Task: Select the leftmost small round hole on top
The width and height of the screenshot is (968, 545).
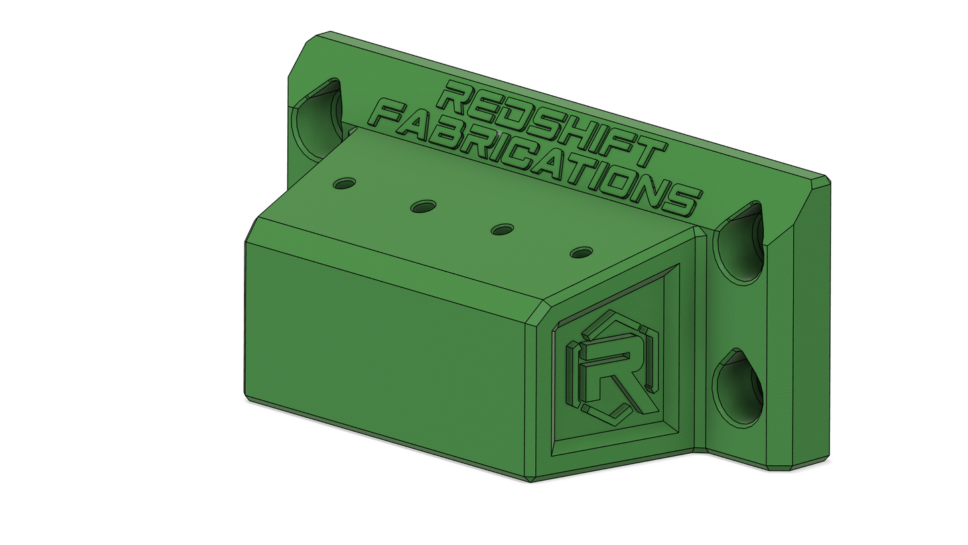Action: [x=344, y=184]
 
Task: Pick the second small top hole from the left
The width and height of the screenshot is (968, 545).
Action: [x=423, y=206]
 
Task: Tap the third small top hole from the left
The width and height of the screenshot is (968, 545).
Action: [x=502, y=229]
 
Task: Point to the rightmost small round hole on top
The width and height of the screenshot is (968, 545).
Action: [x=581, y=252]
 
